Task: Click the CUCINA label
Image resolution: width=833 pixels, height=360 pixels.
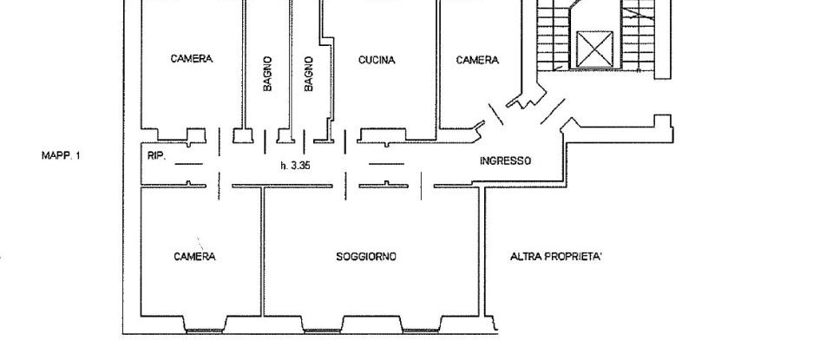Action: tap(377, 61)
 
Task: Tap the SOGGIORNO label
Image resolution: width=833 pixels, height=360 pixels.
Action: tap(366, 257)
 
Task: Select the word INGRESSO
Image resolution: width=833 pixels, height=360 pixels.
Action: tap(505, 161)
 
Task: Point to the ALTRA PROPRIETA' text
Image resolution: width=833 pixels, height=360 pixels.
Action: tap(556, 257)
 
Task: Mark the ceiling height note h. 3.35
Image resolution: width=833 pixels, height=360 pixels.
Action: tap(295, 165)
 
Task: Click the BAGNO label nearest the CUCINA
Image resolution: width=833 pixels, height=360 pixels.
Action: tap(309, 74)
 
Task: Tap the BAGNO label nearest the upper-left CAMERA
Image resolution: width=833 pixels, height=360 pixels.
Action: tap(268, 74)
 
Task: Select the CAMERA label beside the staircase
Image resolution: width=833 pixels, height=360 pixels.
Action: tap(478, 61)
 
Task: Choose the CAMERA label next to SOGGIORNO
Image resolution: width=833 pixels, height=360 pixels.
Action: tap(194, 257)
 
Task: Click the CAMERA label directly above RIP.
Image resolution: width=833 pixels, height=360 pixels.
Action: tap(192, 59)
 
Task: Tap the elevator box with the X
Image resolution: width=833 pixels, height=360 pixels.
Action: tap(594, 49)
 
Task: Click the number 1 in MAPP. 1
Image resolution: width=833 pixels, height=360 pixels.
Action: tap(77, 156)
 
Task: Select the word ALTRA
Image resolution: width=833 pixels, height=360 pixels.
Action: tap(527, 257)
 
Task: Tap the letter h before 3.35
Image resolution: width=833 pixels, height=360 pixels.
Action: tap(283, 165)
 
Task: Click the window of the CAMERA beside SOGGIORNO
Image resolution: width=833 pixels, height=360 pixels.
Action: tap(205, 329)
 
